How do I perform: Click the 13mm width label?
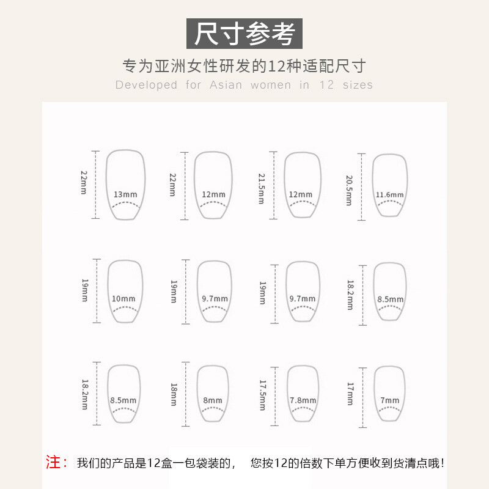[x=125, y=194]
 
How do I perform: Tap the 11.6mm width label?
[x=389, y=195]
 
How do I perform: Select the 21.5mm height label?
[x=262, y=189]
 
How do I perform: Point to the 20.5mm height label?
[x=349, y=190]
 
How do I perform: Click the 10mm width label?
[x=123, y=299]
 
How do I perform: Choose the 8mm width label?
[x=213, y=400]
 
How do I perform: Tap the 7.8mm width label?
[x=303, y=400]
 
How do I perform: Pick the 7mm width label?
[x=390, y=400]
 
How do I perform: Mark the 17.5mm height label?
[x=263, y=395]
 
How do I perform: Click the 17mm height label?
[x=350, y=394]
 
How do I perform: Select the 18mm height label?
[x=174, y=394]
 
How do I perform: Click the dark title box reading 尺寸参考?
[x=244, y=34]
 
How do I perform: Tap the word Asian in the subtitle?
[x=226, y=85]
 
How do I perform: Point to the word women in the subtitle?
[x=271, y=85]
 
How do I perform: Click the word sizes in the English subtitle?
[x=358, y=85]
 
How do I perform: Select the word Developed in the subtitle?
[x=146, y=85]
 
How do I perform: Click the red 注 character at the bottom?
[x=53, y=462]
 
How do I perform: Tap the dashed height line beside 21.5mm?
[x=273, y=185]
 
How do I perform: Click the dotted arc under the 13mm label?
[x=126, y=204]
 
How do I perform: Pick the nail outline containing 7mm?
[x=405, y=394]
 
